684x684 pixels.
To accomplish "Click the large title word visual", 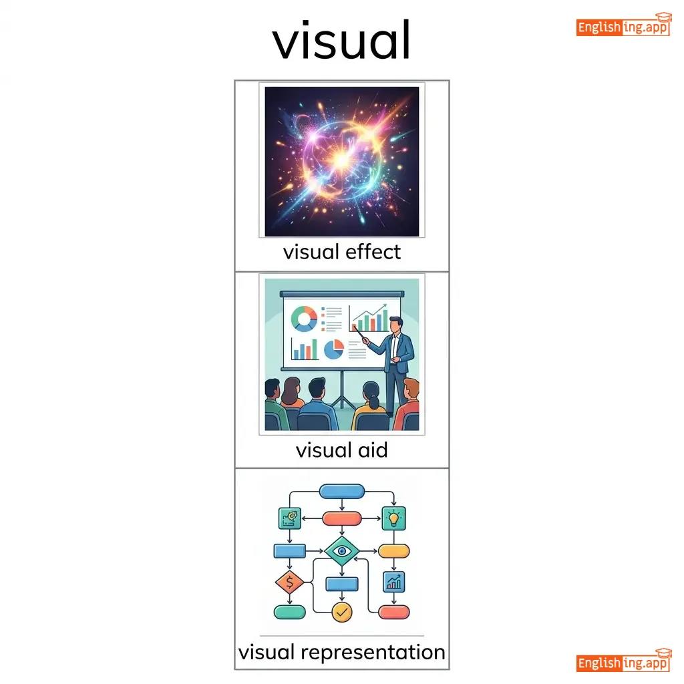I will [341, 39].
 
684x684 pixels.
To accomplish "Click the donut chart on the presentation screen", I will [305, 319].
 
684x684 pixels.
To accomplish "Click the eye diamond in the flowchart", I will [342, 551].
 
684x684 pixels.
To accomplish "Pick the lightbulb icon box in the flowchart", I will [394, 517].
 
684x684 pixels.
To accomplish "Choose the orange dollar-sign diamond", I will [289, 582].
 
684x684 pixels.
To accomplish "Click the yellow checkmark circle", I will [342, 611].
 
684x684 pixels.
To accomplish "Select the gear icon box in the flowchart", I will [289, 517].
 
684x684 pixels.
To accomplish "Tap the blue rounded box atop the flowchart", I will [342, 492].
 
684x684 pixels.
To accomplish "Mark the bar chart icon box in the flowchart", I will [394, 582].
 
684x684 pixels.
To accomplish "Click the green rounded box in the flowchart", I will [289, 611].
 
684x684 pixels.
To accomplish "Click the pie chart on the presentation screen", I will [334, 347].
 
